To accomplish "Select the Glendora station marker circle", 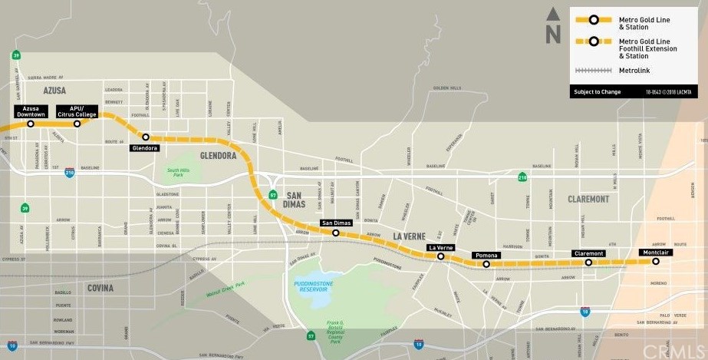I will coord(146,137).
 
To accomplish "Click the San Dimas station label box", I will coord(335,223).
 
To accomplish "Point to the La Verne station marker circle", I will coord(440,256).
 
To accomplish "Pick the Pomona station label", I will coord(486,255).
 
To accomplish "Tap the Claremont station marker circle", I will coord(588,263).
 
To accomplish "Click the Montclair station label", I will coord(655,253).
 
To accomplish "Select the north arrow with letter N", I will coord(552,26).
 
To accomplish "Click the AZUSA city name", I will coord(54,91).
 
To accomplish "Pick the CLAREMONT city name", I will coord(588,199).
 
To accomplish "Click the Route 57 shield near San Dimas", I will coord(273,195).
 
